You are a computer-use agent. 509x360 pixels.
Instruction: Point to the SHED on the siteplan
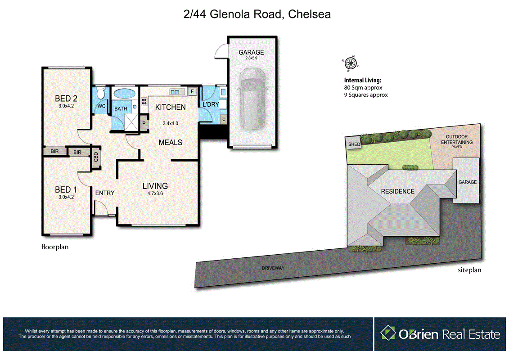[x=353, y=144]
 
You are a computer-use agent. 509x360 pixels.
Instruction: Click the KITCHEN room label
[x=170, y=107]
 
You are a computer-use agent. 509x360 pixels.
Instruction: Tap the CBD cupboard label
[x=96, y=157]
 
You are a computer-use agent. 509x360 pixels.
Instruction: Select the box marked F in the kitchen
[x=192, y=92]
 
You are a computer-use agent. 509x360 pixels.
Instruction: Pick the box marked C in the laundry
[x=224, y=119]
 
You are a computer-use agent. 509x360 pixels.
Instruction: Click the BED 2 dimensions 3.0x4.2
[x=66, y=107]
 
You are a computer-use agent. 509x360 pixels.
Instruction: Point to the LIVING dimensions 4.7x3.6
[x=155, y=193]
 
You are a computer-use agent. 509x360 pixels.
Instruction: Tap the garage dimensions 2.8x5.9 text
[x=251, y=59]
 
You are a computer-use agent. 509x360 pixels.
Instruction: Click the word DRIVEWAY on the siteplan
[x=274, y=268]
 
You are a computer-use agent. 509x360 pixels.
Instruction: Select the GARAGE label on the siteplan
[x=467, y=182]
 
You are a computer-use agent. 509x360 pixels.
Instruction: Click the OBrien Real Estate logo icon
[x=388, y=333]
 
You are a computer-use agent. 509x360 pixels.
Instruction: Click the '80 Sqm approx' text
[x=363, y=88]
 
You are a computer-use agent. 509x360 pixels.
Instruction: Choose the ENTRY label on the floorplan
[x=105, y=193]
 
